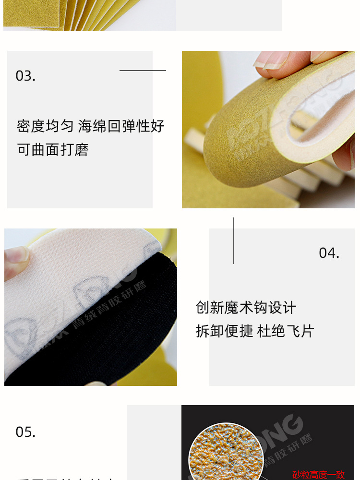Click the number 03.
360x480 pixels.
click(25, 76)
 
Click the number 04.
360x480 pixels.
click(329, 253)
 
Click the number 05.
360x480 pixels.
click(25, 432)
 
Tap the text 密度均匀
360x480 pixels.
click(45, 126)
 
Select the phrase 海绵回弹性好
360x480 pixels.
click(121, 126)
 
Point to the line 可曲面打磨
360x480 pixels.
click(53, 150)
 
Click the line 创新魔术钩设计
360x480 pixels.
click(246, 308)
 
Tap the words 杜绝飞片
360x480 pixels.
click(286, 331)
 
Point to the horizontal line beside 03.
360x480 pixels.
click(143, 71)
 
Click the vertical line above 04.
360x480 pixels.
click(234, 240)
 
